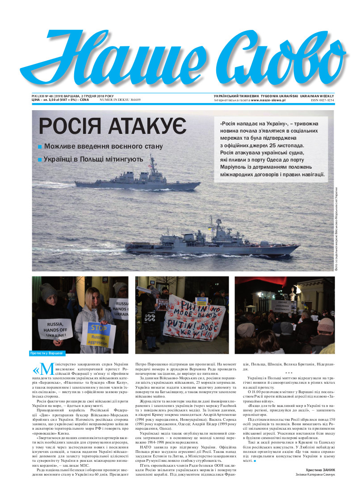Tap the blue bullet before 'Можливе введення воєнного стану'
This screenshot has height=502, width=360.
coord(40,146)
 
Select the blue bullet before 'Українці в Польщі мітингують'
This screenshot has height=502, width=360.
coord(40,159)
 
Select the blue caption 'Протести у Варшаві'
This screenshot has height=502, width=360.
coord(47,353)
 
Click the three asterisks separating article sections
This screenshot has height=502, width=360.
coord(289,372)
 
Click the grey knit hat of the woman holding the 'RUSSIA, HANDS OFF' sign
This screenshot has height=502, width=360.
coord(48,291)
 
